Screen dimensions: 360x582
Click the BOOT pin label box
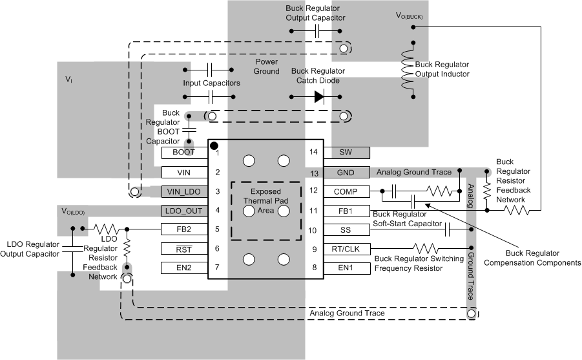(184, 153)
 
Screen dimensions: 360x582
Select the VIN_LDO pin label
(184, 191)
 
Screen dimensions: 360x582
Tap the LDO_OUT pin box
(184, 211)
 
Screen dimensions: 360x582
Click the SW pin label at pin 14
(346, 153)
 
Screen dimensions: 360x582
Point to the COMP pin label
(346, 191)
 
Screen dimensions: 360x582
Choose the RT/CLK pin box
(346, 249)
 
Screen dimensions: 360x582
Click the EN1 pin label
(346, 268)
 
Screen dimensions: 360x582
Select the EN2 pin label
(184, 268)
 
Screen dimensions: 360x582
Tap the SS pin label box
(346, 229)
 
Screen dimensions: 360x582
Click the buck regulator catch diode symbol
(318, 96)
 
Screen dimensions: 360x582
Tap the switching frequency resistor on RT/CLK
(429, 248)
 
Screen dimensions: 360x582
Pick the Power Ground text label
(265, 67)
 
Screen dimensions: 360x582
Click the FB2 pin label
(184, 229)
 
